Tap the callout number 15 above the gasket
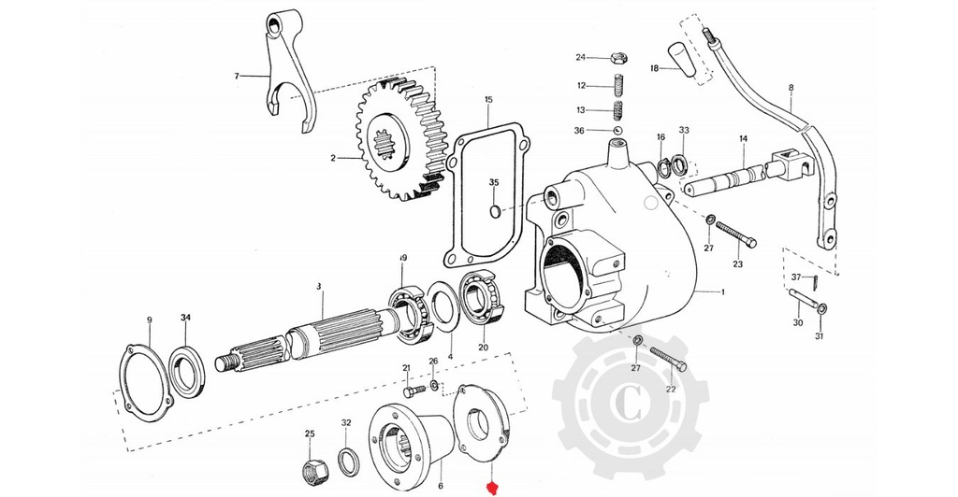point(487,99)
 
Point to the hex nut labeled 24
point(617,58)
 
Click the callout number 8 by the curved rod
point(791,89)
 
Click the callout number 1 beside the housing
point(722,291)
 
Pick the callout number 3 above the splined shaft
point(318,286)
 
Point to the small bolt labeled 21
point(412,388)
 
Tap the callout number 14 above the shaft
point(743,139)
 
